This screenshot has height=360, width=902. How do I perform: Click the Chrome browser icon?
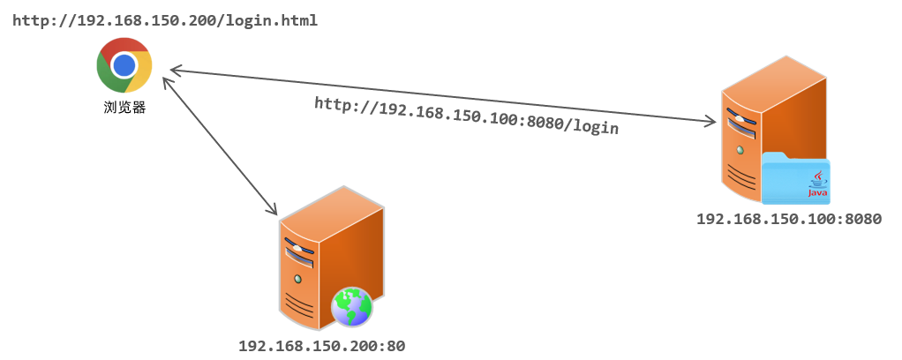[x=124, y=65]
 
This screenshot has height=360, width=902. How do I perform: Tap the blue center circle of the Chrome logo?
[x=124, y=65]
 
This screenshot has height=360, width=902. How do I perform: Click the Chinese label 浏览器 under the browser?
[x=124, y=109]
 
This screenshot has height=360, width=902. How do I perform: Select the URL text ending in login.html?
[x=164, y=19]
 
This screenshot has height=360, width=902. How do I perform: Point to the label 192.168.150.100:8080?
[x=788, y=219]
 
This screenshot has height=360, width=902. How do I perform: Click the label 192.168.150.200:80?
[x=321, y=346]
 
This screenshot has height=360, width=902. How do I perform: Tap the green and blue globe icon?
[x=351, y=307]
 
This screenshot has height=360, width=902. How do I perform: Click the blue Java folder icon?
[x=795, y=177]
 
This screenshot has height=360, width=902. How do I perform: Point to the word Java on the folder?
[x=817, y=192]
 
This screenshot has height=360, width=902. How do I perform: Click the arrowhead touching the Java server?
[x=709, y=124]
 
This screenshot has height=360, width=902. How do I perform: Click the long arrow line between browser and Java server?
[x=441, y=96]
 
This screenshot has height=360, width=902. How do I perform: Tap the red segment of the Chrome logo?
[x=124, y=47]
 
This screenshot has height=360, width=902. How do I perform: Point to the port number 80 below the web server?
[x=395, y=346]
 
